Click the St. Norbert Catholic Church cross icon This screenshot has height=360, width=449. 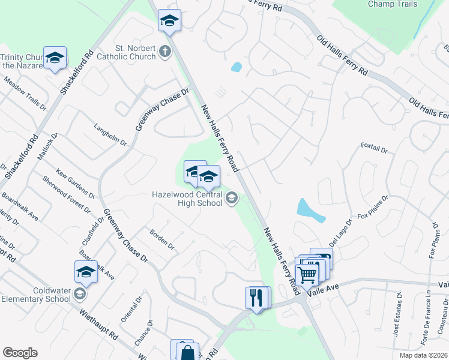[x=166, y=52]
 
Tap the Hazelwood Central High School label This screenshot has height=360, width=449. [x=187, y=199]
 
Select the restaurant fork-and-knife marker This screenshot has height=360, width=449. [x=258, y=297]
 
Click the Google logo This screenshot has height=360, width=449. [x=20, y=352]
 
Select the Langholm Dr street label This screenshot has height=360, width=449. [x=110, y=135]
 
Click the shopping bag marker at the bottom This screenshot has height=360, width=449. [x=187, y=352]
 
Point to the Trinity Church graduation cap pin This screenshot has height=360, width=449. [x=55, y=58]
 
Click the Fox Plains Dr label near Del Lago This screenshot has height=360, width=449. [x=373, y=206]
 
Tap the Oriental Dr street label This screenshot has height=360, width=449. [x=130, y=310]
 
